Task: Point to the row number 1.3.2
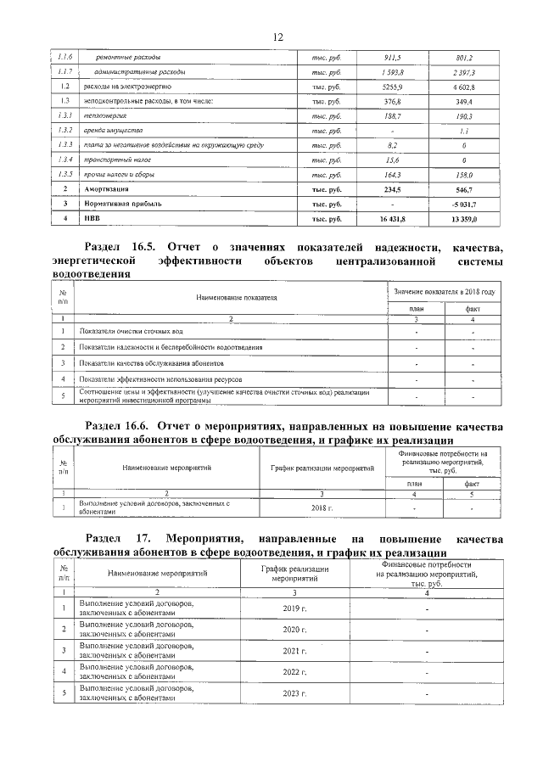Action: [x=64, y=131]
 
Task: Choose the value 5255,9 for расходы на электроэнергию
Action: [x=391, y=87]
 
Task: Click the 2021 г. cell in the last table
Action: [x=294, y=652]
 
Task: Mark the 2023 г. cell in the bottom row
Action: [x=294, y=694]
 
